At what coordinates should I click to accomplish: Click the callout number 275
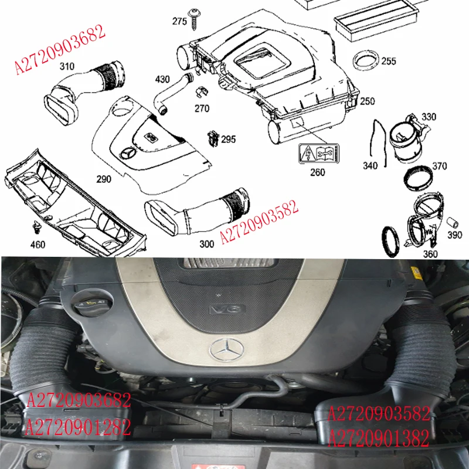(x=179, y=22)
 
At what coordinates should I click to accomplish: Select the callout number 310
(x=67, y=66)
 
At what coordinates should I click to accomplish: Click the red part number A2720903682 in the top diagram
(x=60, y=50)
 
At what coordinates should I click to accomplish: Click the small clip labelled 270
(x=201, y=93)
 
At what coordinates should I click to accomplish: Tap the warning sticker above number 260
(x=317, y=154)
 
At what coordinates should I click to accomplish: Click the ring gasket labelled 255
(x=366, y=60)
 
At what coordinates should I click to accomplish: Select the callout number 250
(x=367, y=101)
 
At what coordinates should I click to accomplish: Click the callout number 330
(x=429, y=117)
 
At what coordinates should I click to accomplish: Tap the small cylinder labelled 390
(x=453, y=223)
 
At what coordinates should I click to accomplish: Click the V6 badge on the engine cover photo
(x=222, y=309)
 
